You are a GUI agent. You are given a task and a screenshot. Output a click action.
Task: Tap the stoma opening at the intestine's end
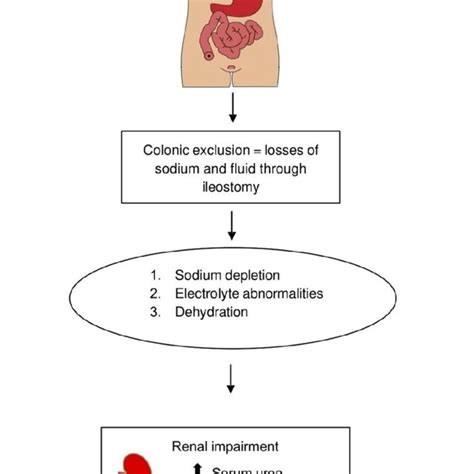207,56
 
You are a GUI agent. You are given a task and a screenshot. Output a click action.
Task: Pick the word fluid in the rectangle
245,169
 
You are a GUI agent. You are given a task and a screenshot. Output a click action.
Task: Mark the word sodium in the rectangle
180,169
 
